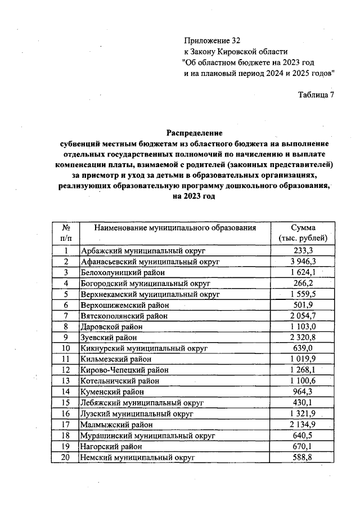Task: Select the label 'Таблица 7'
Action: [316, 94]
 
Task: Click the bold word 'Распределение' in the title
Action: [194, 133]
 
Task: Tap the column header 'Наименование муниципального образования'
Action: [175, 228]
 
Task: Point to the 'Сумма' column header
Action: [303, 228]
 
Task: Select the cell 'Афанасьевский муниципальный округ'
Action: [150, 262]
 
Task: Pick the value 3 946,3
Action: [303, 262]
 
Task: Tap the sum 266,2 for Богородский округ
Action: [303, 283]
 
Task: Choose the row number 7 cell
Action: [66, 315]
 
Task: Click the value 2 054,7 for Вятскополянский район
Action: [303, 315]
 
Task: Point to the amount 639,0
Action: [303, 348]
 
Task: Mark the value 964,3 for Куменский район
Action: [303, 391]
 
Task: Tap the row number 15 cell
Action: [66, 402]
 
